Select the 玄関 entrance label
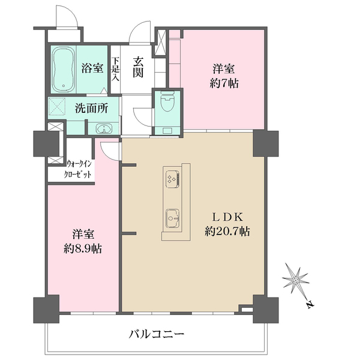coord(137,67)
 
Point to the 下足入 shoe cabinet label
coord(115,69)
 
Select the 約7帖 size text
coord(225,84)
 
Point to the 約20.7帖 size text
coord(227,231)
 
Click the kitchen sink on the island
coord(172,218)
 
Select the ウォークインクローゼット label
coord(79,169)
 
